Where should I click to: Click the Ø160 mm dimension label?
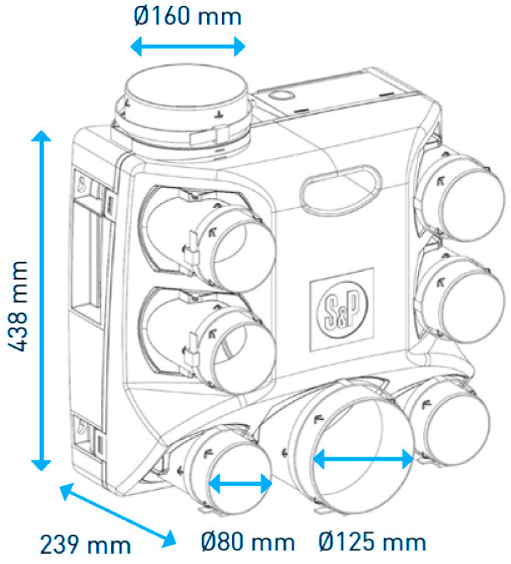pyautogui.click(x=187, y=17)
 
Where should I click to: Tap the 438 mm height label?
pyautogui.click(x=17, y=306)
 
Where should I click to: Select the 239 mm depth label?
pyautogui.click(x=86, y=545)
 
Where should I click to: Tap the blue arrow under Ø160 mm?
pyautogui.click(x=188, y=46)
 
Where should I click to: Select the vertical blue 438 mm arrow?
pyautogui.click(x=41, y=301)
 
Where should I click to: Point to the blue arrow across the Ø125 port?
pyautogui.click(x=363, y=459)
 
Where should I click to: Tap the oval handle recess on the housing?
pyautogui.click(x=340, y=190)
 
